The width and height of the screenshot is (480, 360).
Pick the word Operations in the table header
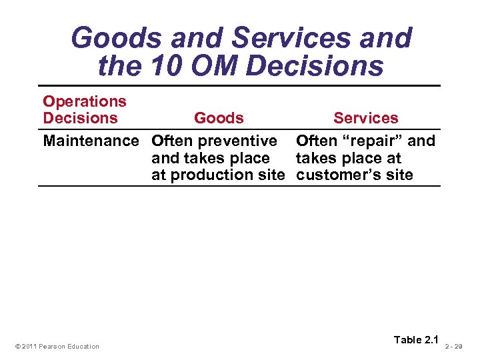(85, 101)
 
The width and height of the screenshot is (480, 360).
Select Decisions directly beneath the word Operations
(80, 118)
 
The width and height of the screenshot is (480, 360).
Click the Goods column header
(219, 118)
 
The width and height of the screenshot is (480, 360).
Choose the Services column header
(365, 118)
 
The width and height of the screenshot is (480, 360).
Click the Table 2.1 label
(417, 340)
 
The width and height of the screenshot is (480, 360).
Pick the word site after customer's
(399, 175)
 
